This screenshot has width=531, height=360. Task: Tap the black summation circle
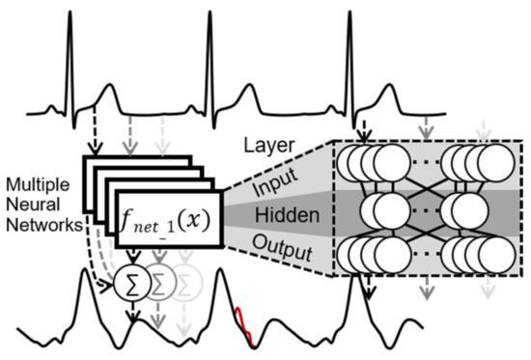(127, 282)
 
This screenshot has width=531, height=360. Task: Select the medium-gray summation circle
(157, 282)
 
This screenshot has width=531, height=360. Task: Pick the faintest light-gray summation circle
(187, 282)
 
